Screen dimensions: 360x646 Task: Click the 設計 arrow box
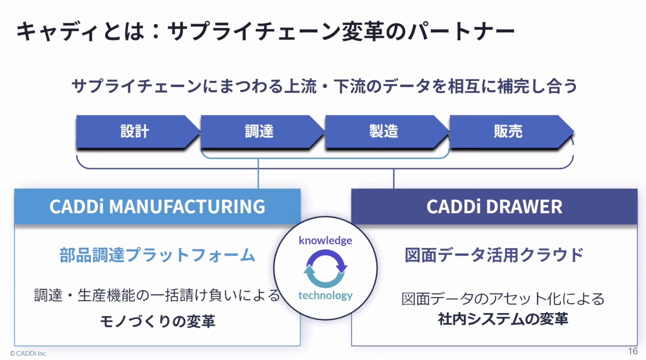pos(134,131)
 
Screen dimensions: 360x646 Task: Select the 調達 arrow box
pos(259,131)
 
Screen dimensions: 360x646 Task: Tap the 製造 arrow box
pos(384,131)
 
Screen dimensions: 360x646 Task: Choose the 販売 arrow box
pos(508,131)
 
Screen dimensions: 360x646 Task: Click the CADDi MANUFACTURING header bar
pos(157,207)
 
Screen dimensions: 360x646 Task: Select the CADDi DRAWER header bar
pos(494,207)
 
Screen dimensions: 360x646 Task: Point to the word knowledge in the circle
pos(325,240)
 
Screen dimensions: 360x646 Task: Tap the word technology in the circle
pos(325,295)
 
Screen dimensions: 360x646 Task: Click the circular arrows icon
pos(325,269)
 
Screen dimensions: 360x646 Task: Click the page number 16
pos(632,351)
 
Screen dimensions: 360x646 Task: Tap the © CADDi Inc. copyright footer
pos(29,353)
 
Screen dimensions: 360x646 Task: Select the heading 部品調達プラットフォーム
pos(157,255)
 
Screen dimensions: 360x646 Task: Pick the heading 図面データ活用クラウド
pos(494,255)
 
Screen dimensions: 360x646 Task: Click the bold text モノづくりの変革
pos(157,321)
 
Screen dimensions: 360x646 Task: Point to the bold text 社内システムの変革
pos(503,319)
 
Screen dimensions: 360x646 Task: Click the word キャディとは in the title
pos(80,32)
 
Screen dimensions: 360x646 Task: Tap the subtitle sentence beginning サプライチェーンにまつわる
pos(324,86)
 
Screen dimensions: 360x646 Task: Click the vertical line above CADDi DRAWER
pos(394,179)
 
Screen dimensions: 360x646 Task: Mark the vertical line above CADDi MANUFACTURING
pos(258,173)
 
